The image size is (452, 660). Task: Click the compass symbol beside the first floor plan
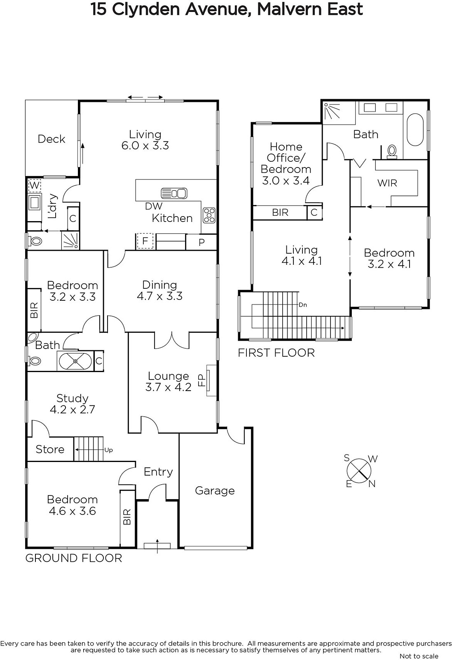(359, 471)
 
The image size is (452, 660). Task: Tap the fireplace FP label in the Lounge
(201, 380)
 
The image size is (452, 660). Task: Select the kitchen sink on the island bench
(174, 193)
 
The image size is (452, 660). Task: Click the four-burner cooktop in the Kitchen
(209, 215)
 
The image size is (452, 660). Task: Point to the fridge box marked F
(145, 241)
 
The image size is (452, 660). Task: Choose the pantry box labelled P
(201, 242)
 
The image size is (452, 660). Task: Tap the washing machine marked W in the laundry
(35, 185)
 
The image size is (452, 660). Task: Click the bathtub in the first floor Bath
(415, 130)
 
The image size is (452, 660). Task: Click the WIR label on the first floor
(387, 183)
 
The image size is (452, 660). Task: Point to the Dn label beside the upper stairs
(303, 305)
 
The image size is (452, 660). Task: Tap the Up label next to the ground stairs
(109, 450)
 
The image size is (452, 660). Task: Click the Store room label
(50, 449)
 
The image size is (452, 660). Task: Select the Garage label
(215, 490)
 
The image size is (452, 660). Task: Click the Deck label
(52, 139)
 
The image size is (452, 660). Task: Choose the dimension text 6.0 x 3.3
(145, 146)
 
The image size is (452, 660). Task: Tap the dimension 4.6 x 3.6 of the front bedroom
(73, 511)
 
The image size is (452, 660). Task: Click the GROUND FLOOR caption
(74, 559)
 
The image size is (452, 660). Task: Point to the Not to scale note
(419, 656)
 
